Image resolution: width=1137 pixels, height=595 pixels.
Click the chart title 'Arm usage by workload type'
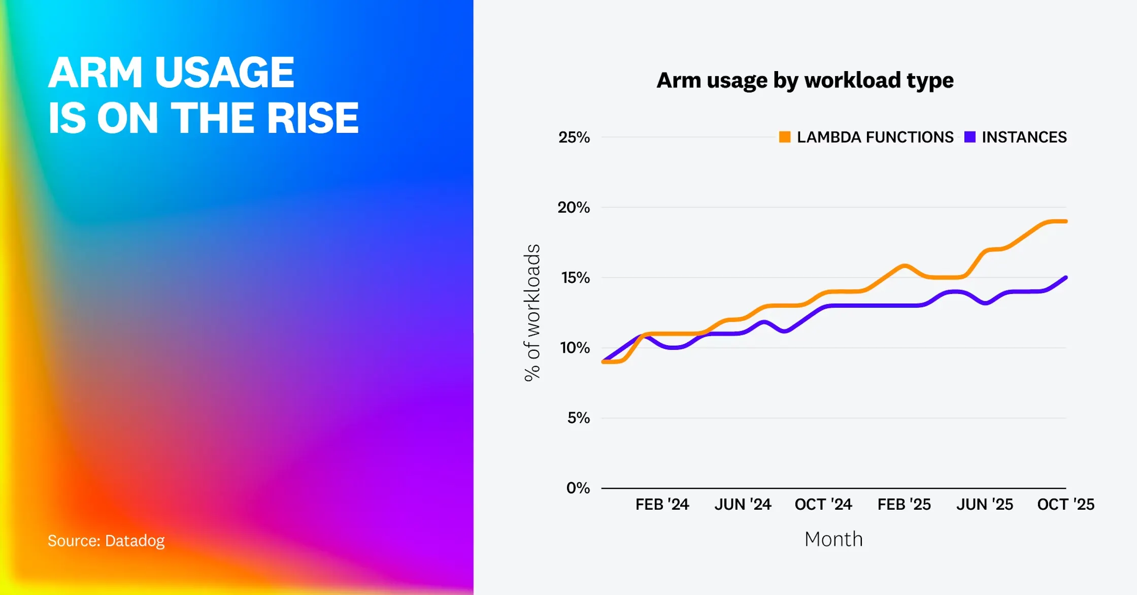click(x=805, y=81)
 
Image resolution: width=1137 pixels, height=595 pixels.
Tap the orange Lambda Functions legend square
click(x=785, y=137)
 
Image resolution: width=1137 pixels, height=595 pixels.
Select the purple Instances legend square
click(x=970, y=137)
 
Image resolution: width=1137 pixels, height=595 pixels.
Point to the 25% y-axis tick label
click(x=574, y=137)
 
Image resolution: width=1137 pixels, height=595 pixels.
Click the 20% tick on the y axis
click(x=574, y=207)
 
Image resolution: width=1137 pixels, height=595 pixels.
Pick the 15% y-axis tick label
click(x=576, y=278)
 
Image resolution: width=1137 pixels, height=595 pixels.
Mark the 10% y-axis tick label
click(x=575, y=348)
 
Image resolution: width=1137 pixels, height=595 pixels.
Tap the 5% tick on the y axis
click(x=579, y=418)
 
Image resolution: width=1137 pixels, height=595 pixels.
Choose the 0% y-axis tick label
click(x=578, y=488)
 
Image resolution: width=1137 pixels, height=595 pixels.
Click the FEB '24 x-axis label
click(x=662, y=504)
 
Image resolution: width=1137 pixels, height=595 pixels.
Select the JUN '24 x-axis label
click(x=743, y=504)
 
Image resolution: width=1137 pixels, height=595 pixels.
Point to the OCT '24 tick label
click(x=823, y=504)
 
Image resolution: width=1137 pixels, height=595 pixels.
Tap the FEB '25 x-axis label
click(x=904, y=504)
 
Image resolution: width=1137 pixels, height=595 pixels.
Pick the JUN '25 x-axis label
click(x=985, y=504)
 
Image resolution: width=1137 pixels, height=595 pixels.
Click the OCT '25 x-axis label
click(x=1066, y=504)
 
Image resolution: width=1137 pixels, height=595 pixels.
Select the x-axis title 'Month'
click(x=833, y=539)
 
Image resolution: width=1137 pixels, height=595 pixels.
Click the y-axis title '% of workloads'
click(x=532, y=313)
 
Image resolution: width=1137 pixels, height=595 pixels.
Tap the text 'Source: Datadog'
click(x=106, y=541)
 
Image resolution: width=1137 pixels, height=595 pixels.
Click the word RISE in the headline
click(x=313, y=118)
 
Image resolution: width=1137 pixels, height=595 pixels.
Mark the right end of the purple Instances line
click(x=1065, y=278)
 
